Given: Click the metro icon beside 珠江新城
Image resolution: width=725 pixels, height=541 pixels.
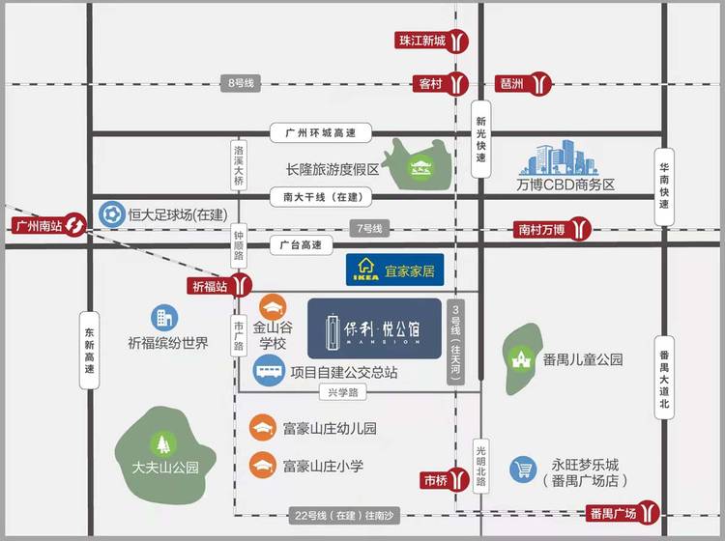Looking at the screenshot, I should pos(460,41).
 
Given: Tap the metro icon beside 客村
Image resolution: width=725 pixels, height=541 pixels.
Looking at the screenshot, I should pos(458,84).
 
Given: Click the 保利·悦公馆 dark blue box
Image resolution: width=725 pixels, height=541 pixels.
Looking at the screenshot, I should pos(374,326).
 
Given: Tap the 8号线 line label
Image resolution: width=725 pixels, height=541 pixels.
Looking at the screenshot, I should pos(241,84).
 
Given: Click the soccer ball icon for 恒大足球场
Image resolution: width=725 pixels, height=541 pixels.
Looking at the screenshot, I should pos(111,214).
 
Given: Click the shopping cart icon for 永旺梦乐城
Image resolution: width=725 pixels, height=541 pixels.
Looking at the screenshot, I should pos(523,470).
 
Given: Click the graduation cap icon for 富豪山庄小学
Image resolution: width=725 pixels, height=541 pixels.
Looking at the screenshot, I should pos(262,465).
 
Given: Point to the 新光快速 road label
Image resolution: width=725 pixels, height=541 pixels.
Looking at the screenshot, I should pos(481,140).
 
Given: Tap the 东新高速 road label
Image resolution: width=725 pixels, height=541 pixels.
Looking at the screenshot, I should pos(90,349).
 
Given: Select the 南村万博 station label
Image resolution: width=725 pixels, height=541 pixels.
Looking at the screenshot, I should pos(540,229).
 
